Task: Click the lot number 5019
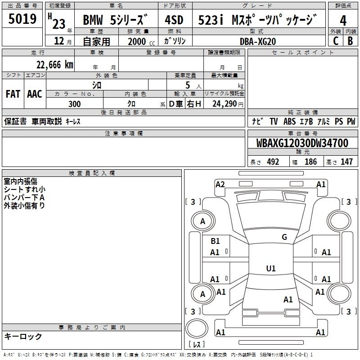[22, 19]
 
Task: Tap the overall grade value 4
[343, 21]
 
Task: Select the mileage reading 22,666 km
[54, 65]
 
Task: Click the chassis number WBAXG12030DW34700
[302, 143]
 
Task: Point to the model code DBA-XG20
[258, 41]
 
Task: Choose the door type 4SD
[174, 20]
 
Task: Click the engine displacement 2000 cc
[141, 41]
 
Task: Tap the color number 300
[75, 104]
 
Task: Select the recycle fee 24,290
[225, 104]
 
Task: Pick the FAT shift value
[13, 94]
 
